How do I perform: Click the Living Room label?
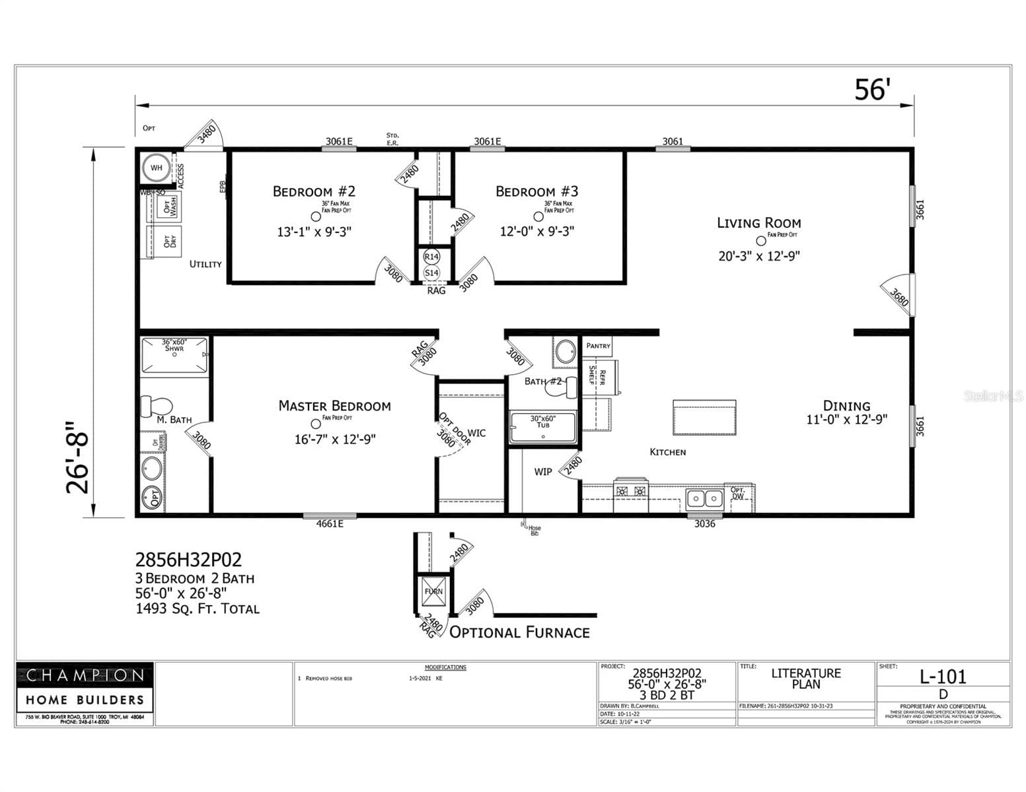(x=758, y=223)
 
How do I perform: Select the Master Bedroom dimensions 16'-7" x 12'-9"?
(x=335, y=439)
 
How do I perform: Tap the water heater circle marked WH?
(x=156, y=168)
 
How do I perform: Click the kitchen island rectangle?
(x=704, y=417)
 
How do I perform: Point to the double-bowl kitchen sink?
(x=704, y=498)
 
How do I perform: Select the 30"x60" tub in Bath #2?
(x=542, y=428)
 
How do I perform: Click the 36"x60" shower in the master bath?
(x=174, y=355)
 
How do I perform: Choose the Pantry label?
(x=598, y=346)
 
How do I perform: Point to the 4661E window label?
(x=330, y=524)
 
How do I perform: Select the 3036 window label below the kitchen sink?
(x=704, y=524)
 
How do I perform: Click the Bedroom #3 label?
(x=536, y=191)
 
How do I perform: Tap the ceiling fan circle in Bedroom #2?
(x=316, y=216)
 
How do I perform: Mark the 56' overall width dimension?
(x=872, y=90)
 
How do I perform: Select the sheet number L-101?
(x=943, y=676)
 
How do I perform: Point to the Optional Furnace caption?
(x=519, y=632)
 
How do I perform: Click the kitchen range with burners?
(x=630, y=491)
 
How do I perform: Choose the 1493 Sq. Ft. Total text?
(x=198, y=609)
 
